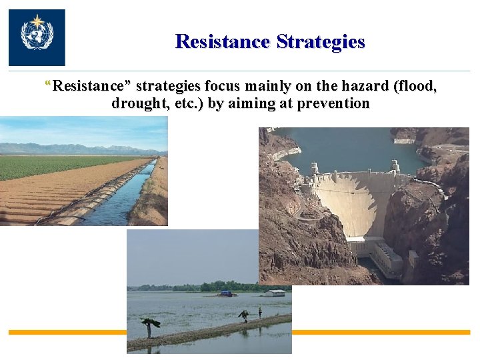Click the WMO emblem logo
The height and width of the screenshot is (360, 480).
(x=37, y=37)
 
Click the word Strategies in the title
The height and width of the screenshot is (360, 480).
(x=321, y=41)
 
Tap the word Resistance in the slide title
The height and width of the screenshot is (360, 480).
(x=223, y=41)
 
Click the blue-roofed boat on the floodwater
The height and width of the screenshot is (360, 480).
(x=226, y=293)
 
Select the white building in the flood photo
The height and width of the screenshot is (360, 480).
(x=274, y=293)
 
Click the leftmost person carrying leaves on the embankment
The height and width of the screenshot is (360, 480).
(x=150, y=326)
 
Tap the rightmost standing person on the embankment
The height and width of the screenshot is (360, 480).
(x=260, y=312)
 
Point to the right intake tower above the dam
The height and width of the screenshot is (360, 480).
(x=395, y=166)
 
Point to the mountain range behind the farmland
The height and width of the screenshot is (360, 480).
(x=67, y=148)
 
